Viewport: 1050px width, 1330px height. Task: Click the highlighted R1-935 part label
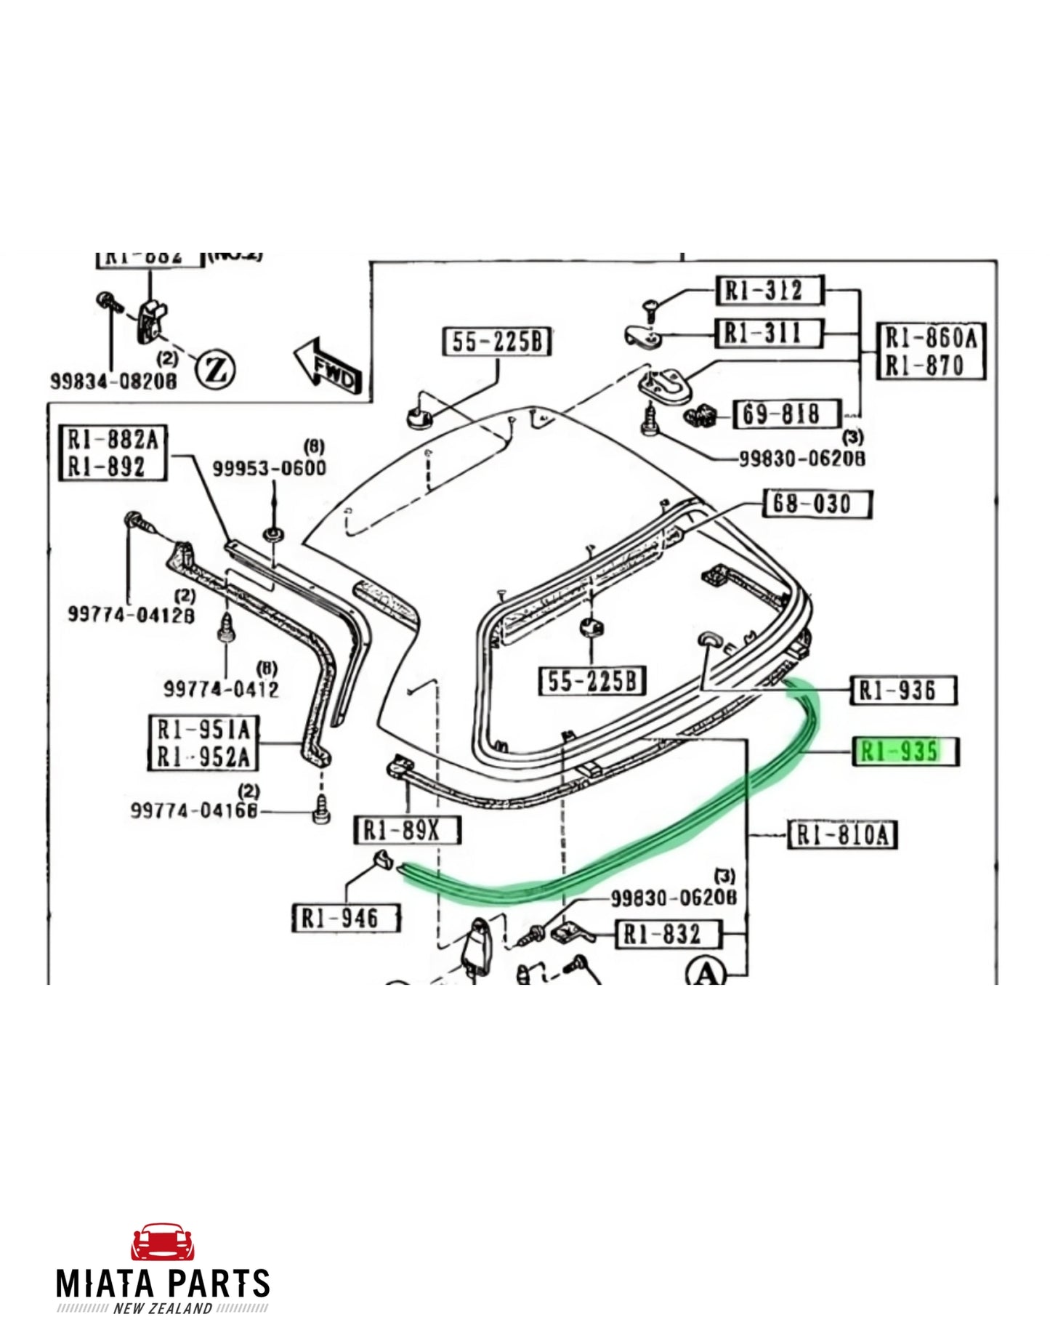click(904, 751)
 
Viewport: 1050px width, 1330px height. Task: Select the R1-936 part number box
click(903, 690)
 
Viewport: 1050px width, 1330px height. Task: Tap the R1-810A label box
click(843, 834)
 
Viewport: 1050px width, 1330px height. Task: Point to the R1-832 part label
click(667, 934)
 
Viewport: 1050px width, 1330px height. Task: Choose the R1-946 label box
click(345, 918)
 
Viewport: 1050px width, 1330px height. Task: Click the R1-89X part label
click(407, 830)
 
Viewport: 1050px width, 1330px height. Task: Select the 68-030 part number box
click(817, 504)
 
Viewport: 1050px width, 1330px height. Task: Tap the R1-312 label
click(769, 291)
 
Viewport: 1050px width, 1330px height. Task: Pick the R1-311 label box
click(769, 334)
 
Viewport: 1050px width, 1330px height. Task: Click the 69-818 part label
click(786, 414)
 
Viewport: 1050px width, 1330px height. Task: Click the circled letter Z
click(216, 370)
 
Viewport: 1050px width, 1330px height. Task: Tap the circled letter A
click(706, 972)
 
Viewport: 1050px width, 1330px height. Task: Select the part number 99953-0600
click(269, 468)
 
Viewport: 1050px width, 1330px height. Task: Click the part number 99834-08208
click(113, 381)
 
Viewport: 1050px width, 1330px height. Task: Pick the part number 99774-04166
click(194, 810)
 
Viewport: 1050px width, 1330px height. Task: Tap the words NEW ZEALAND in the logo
click(163, 1309)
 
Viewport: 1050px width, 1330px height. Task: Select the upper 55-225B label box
click(497, 342)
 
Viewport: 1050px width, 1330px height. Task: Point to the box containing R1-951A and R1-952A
click(203, 743)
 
